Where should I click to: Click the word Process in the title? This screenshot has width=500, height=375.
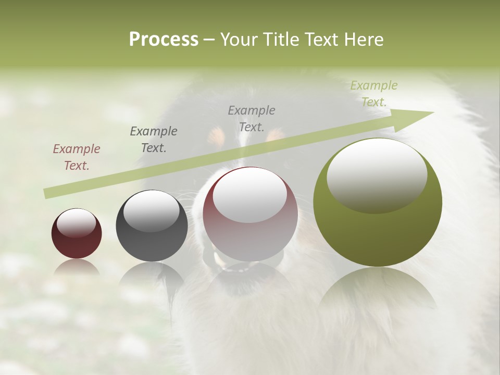164,40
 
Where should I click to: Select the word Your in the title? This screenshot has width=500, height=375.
240,40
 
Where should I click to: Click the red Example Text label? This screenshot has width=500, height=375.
77,157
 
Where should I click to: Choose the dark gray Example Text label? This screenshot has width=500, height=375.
154,140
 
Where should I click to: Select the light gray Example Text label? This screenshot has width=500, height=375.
252,118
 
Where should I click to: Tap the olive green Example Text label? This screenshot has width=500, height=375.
373,94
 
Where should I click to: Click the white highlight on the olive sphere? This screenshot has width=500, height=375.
377,174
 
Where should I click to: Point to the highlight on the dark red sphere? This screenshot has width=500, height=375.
76,222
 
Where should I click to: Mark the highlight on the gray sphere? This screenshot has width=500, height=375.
151,209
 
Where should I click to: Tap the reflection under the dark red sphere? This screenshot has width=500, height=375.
77,267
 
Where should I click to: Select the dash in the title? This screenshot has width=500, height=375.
209,40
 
